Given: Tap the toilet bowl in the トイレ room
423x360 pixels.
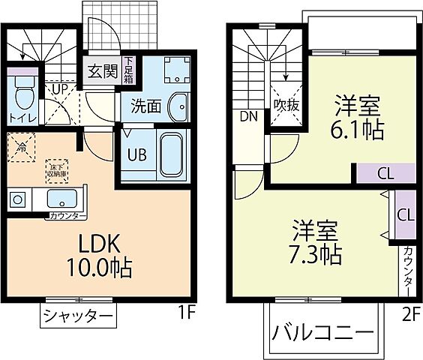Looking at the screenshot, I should click(x=22, y=94).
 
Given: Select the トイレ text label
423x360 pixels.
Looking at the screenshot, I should click(x=20, y=117).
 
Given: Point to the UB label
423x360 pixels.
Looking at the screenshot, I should click(x=136, y=156).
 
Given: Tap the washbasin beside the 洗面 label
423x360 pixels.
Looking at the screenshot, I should click(x=178, y=106).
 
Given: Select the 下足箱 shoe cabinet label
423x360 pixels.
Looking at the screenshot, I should click(x=129, y=70).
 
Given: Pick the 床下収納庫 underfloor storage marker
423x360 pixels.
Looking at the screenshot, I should click(x=55, y=169).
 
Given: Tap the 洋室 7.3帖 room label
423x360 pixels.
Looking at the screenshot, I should click(x=315, y=241).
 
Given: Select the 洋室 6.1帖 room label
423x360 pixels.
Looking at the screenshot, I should click(x=358, y=118).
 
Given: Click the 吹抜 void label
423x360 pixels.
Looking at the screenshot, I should click(x=286, y=105).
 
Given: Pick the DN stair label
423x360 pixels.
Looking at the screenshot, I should click(x=248, y=116).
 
